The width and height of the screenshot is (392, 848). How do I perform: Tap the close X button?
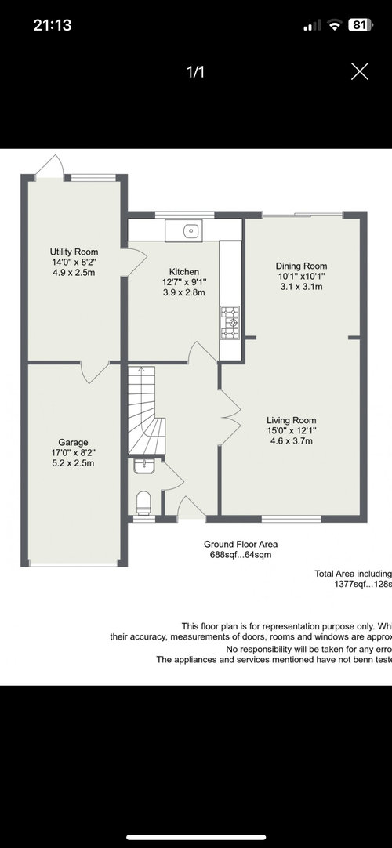360,71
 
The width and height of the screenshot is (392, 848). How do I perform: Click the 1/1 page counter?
196,72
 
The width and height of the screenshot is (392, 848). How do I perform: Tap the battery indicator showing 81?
360,25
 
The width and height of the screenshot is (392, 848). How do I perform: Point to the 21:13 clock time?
53,25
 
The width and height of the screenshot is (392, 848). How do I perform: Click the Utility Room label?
74,252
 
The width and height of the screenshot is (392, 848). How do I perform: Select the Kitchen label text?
184,272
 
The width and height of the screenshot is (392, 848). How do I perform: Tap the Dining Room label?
301,266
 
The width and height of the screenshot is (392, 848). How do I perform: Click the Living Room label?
292,420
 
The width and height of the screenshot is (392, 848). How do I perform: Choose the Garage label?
74,442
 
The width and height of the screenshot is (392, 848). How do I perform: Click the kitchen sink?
183,231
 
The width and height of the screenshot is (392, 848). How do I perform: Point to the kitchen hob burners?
229,323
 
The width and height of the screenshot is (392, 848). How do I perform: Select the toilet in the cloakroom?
143,503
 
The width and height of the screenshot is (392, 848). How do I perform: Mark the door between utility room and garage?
94,372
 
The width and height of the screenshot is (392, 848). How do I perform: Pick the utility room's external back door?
49,167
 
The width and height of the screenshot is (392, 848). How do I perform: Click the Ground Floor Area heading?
241,544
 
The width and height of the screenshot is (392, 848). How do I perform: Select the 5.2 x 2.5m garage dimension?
74,463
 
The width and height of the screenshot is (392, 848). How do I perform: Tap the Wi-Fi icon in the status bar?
336,25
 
